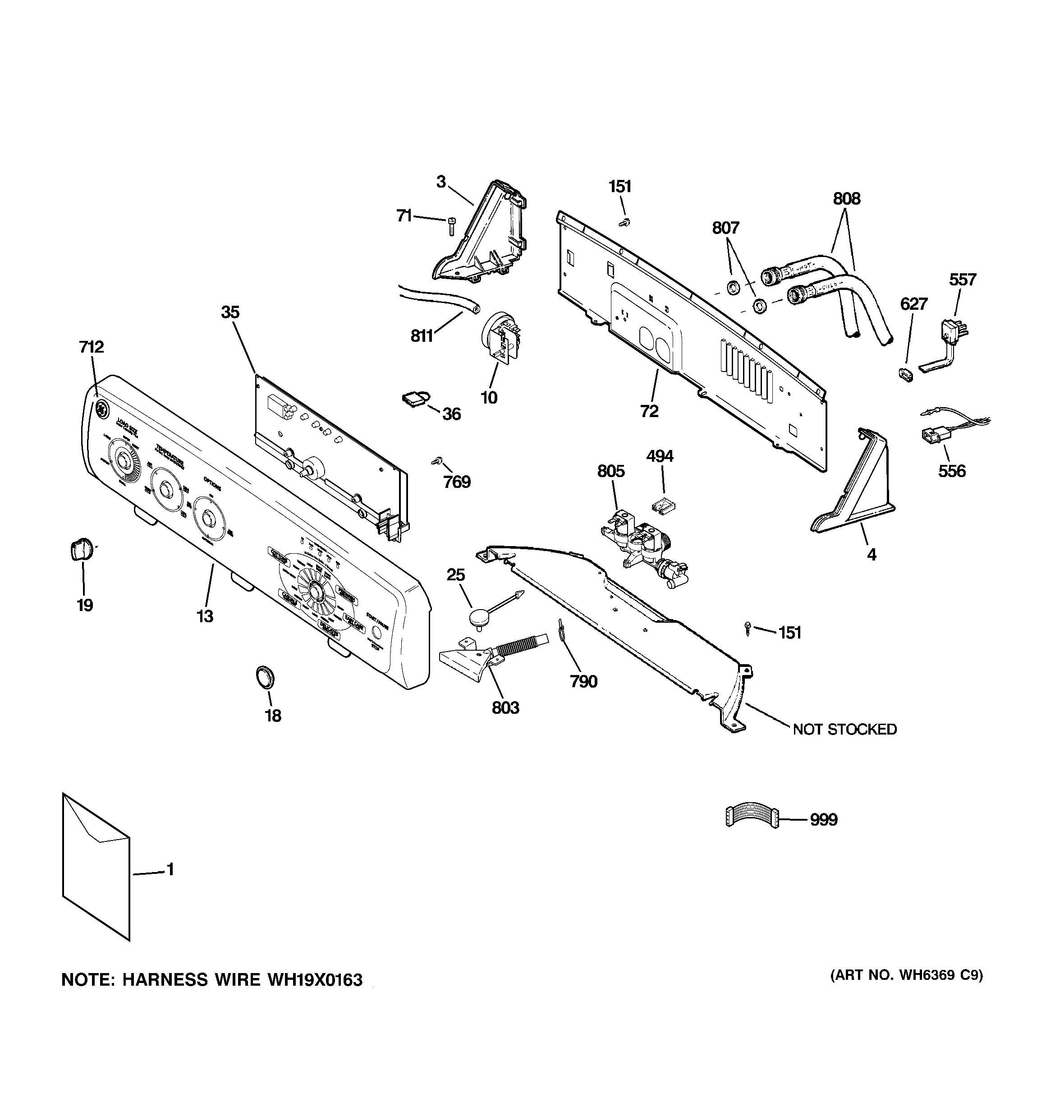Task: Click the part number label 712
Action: [x=91, y=347]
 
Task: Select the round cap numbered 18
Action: [x=266, y=676]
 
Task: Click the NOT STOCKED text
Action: [x=844, y=729]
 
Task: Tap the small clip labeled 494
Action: [x=661, y=505]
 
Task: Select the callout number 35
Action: [x=230, y=312]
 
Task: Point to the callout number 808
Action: [x=846, y=199]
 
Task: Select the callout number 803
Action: [x=505, y=708]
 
